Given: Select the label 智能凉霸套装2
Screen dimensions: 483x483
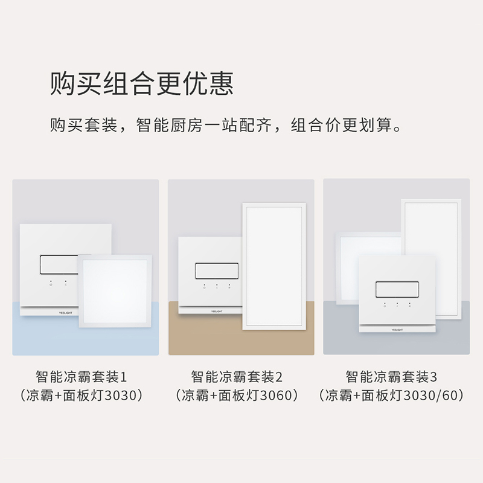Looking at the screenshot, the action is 237,377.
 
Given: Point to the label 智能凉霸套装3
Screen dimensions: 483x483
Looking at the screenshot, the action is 391,377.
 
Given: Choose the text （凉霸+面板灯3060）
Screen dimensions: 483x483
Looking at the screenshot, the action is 237,396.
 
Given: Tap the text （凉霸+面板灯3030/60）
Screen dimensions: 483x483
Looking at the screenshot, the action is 391,396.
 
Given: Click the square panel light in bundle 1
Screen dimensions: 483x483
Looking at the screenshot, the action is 115,292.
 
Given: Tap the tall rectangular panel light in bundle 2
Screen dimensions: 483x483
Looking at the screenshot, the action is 274,266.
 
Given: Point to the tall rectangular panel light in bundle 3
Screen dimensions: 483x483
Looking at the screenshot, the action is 430,241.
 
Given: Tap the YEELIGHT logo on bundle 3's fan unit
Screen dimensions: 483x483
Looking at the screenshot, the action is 397,330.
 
